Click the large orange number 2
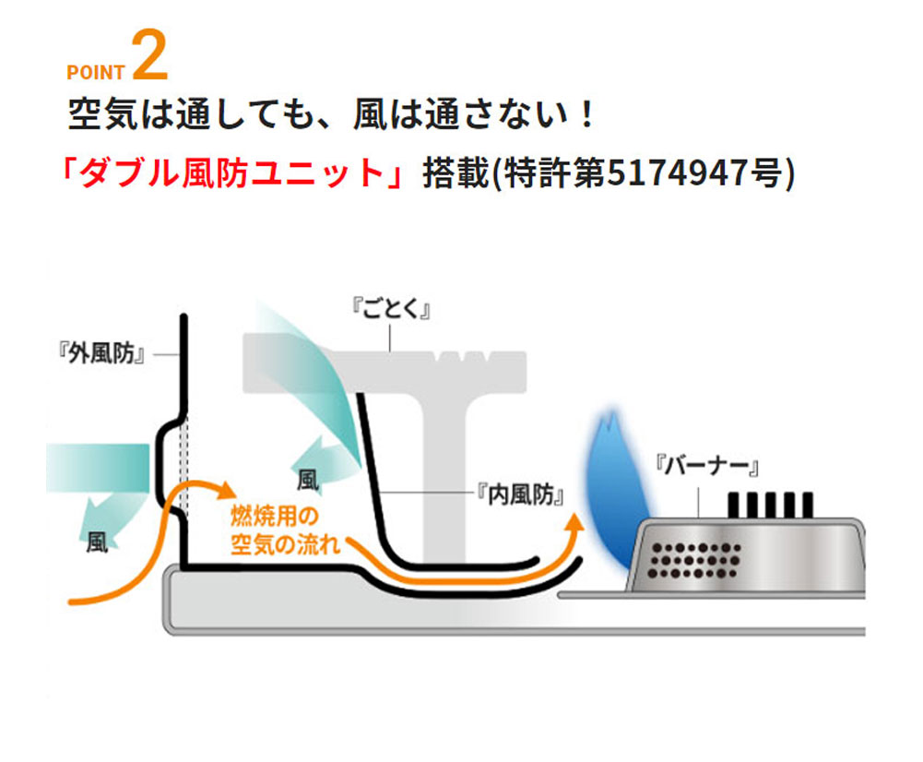(150, 56)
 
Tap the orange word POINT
(95, 73)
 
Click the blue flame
(609, 489)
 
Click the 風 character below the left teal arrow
(97, 542)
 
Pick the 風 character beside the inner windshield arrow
(308, 480)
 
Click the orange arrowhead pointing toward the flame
(575, 524)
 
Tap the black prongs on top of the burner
(771, 504)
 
